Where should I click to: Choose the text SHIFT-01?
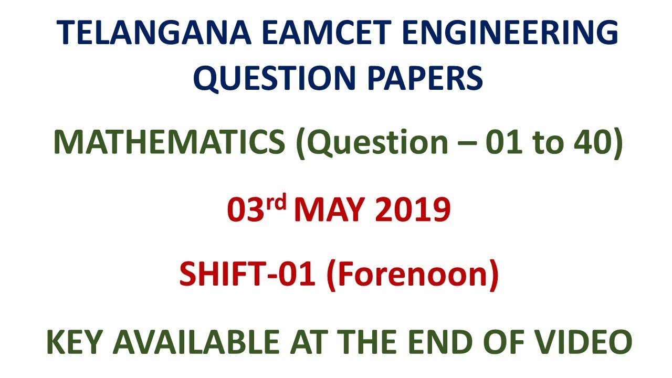click(x=247, y=275)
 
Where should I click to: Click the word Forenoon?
click(x=412, y=275)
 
